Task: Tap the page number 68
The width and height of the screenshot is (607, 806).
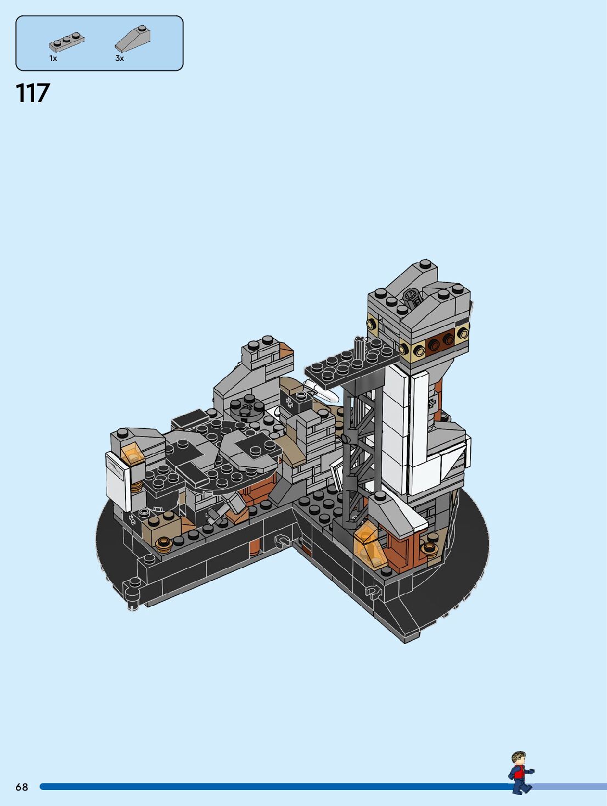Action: pos(22,787)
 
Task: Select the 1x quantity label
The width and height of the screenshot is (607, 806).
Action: pos(53,58)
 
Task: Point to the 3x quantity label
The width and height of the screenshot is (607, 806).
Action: pos(120,58)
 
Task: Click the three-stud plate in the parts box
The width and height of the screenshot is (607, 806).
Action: pos(66,42)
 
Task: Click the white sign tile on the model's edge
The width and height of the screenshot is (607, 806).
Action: pos(118,480)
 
